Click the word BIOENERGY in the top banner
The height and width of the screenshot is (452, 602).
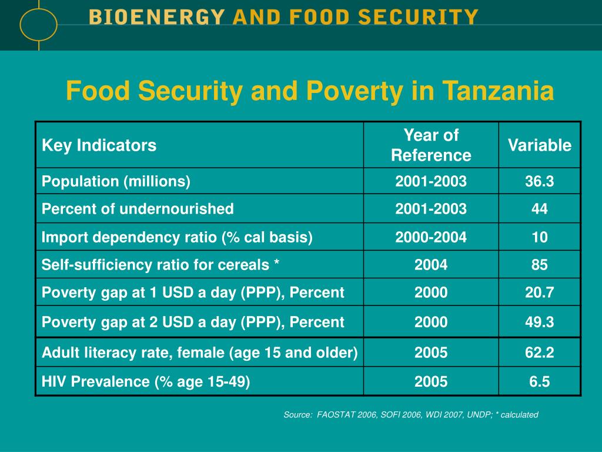pyautogui.click(x=157, y=17)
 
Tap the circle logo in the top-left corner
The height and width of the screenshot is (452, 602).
pyautogui.click(x=38, y=24)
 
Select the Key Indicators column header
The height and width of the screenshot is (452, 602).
pyautogui.click(x=99, y=145)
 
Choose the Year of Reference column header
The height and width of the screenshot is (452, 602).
pyautogui.click(x=431, y=145)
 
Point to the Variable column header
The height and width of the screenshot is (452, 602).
pyautogui.click(x=540, y=145)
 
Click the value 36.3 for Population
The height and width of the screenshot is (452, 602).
pyautogui.click(x=540, y=181)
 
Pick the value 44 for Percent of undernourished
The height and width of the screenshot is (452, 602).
pyautogui.click(x=540, y=209)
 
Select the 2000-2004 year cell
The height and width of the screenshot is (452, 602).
pyautogui.click(x=431, y=237)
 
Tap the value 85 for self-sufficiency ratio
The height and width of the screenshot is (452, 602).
pyautogui.click(x=540, y=265)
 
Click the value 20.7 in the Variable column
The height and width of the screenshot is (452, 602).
pyautogui.click(x=540, y=293)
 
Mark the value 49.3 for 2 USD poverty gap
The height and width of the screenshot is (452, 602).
pyautogui.click(x=540, y=322)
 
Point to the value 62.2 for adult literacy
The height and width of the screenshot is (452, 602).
pyautogui.click(x=540, y=353)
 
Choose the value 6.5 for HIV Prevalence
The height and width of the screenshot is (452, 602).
pyautogui.click(x=540, y=382)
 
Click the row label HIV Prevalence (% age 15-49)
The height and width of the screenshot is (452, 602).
pyautogui.click(x=146, y=382)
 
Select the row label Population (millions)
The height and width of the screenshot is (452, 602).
pyautogui.click(x=116, y=181)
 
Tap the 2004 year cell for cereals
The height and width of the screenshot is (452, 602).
pyautogui.click(x=431, y=265)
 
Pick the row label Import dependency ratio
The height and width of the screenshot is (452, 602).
pyautogui.click(x=177, y=237)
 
